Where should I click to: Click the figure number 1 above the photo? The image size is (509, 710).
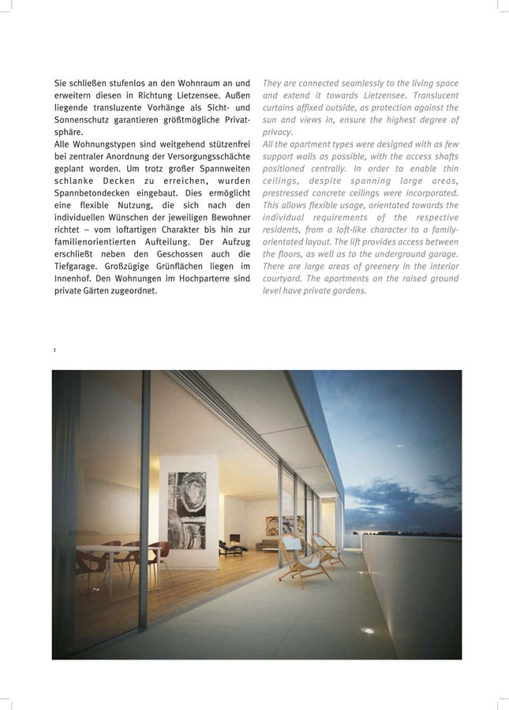pos(54,349)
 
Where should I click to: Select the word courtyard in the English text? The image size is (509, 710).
pos(283,278)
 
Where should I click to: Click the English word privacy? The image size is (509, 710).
pos(277,132)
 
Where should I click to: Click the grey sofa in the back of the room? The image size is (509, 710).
pos(272,544)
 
